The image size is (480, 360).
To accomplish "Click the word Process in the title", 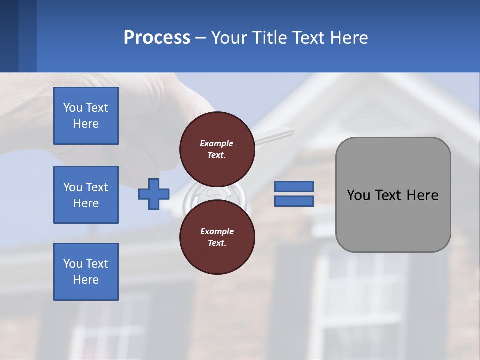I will point(157,38).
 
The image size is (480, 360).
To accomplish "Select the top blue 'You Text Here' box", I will point(86,116).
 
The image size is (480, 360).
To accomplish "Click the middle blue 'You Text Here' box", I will point(86,195).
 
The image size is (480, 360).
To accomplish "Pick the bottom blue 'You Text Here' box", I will point(86,272).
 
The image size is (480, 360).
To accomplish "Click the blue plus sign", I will point(154,194).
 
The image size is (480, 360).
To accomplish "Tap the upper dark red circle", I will point(217,149).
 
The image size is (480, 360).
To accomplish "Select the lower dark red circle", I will point(217,237).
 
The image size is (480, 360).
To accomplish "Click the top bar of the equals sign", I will point(294,186).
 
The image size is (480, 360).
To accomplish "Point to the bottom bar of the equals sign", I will point(294,201).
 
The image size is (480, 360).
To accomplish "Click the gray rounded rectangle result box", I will point(393,220).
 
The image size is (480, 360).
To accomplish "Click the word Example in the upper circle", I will point(217,143).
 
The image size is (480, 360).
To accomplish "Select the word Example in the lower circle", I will point(217,231).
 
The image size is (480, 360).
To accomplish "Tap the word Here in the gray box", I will point(422,195).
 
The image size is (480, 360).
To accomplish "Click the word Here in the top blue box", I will point(86,124).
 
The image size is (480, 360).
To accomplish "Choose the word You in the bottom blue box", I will point(72,264).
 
